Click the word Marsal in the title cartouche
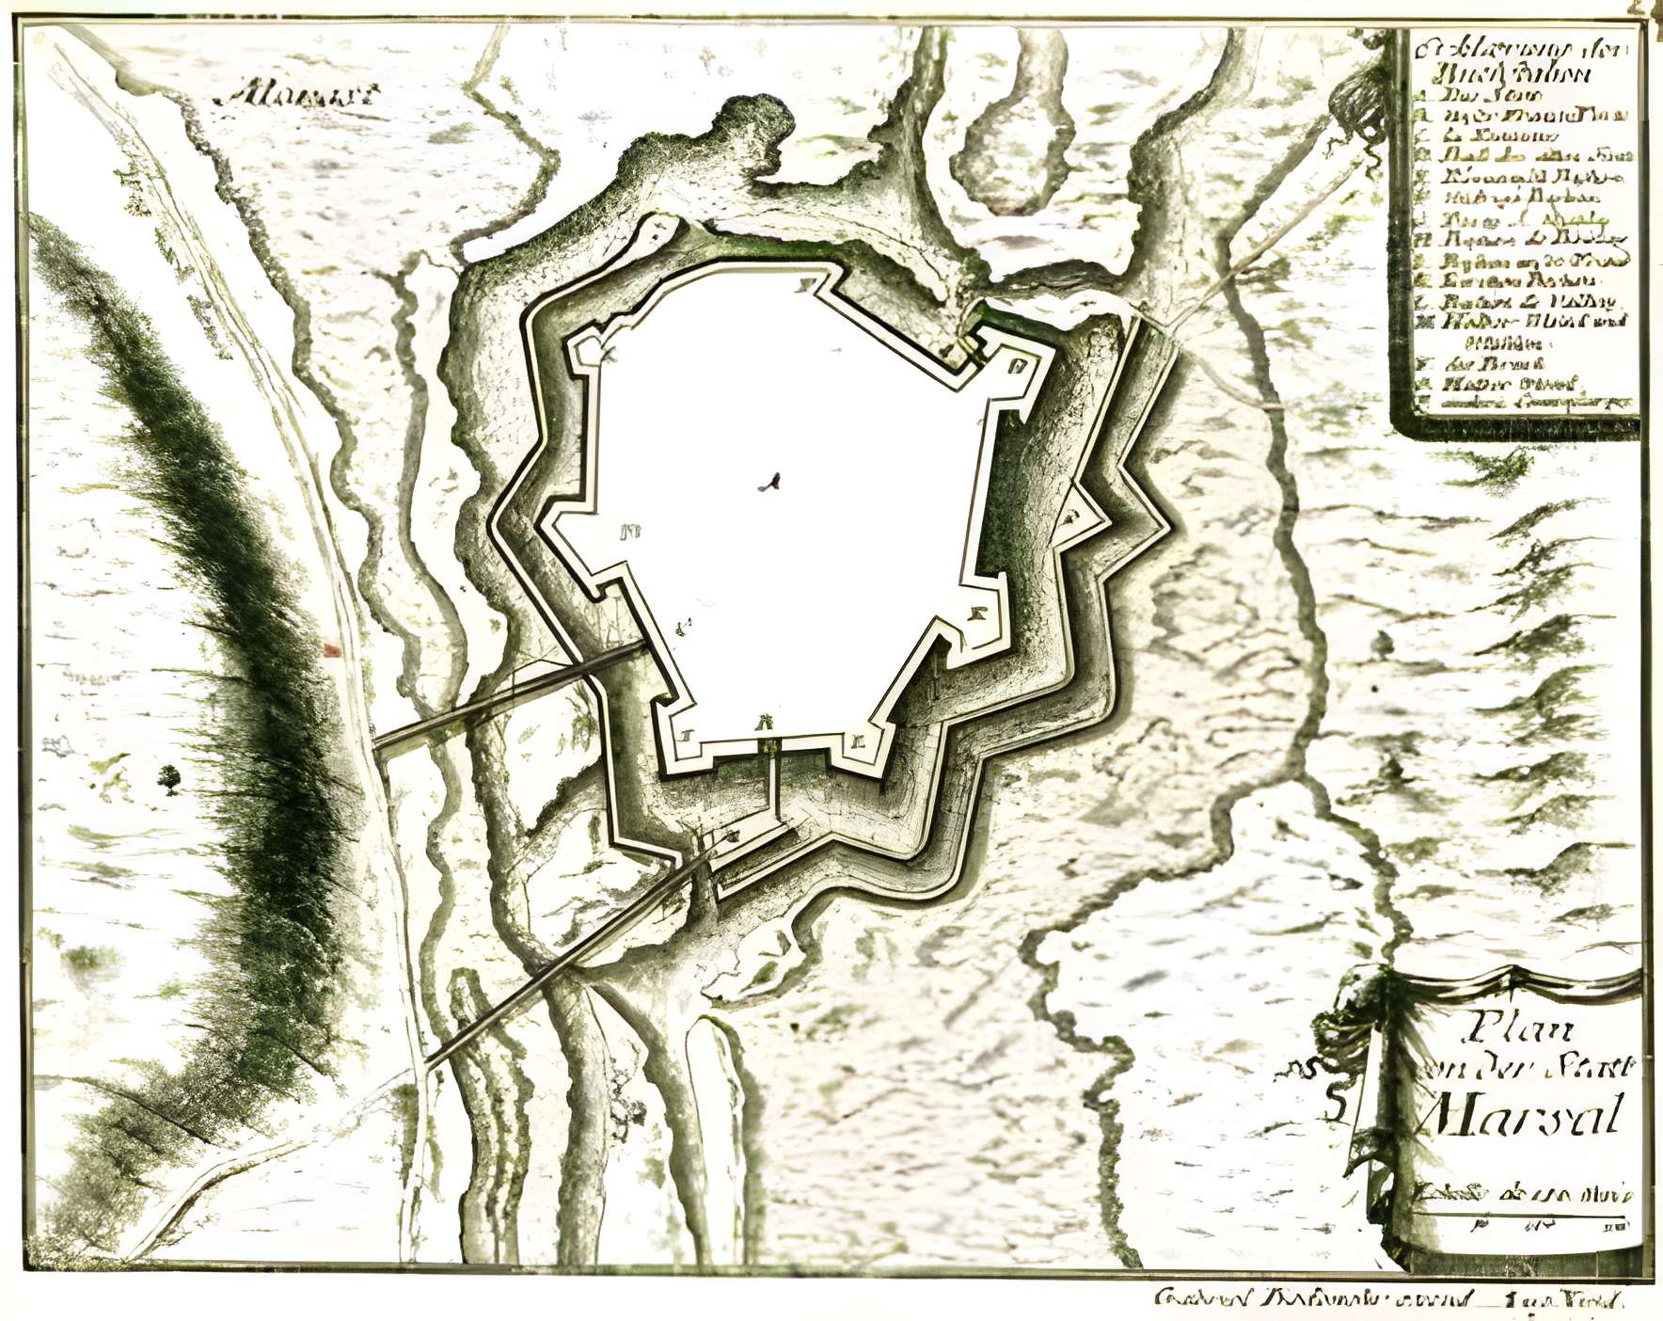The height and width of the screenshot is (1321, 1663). click(1522, 1115)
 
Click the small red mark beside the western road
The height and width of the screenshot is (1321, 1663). click(330, 648)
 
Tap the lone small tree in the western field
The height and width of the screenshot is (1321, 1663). click(170, 776)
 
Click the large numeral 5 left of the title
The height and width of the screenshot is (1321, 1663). click(1333, 1104)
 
